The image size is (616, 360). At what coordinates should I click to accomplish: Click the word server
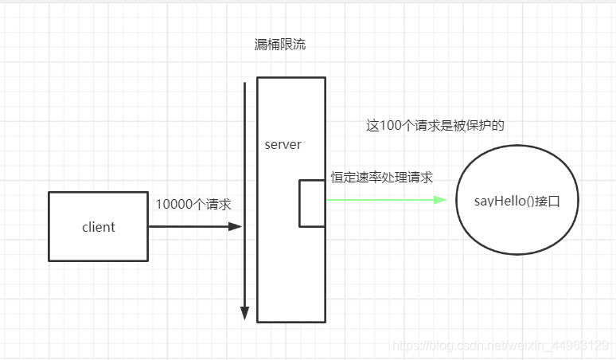(283, 144)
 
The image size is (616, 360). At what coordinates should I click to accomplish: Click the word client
(98, 227)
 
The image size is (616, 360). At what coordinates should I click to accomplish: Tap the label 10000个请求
(193, 205)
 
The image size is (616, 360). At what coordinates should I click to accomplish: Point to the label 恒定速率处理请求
(382, 178)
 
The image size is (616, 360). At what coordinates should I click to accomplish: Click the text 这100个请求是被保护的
(435, 126)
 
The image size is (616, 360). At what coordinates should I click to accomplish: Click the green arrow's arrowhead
(440, 199)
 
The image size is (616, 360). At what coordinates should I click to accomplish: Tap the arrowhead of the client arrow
(236, 227)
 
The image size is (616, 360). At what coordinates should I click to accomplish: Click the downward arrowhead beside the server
(245, 314)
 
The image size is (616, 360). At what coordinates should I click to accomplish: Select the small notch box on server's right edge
(312, 203)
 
